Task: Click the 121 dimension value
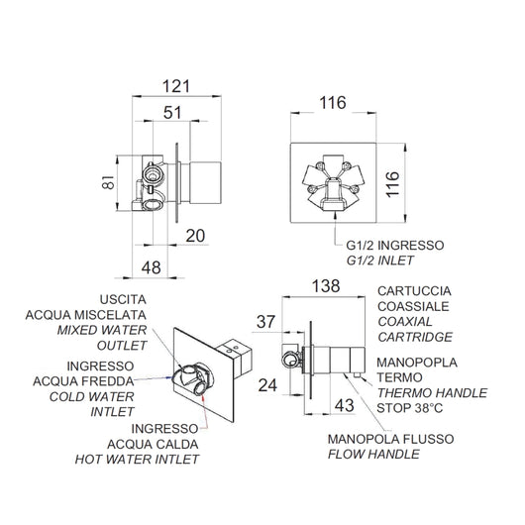(176, 86)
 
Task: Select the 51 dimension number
(172, 113)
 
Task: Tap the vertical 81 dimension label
(109, 182)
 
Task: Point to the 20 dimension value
(195, 236)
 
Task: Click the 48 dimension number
(151, 267)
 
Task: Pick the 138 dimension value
(326, 286)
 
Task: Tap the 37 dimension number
(265, 322)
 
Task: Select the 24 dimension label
(267, 385)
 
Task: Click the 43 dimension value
(344, 406)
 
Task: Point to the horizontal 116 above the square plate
(333, 103)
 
